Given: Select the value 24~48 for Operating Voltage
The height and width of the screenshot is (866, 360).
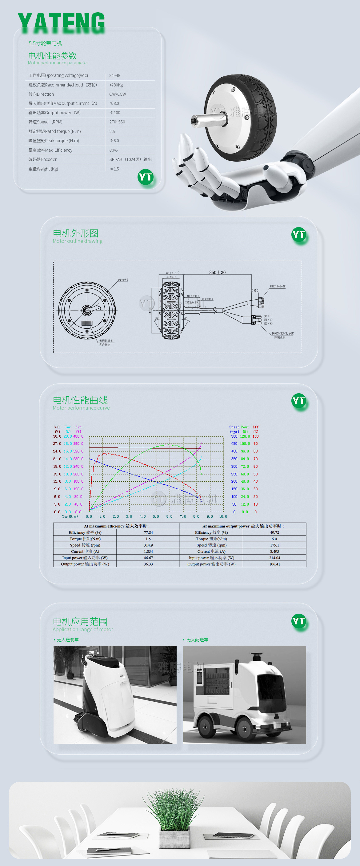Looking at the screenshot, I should pyautogui.click(x=115, y=76).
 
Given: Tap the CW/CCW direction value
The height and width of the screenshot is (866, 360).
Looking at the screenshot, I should pyautogui.click(x=118, y=94).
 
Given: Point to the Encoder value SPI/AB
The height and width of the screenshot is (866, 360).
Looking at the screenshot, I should pyautogui.click(x=130, y=159).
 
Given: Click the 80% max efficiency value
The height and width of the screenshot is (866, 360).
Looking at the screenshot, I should pyautogui.click(x=113, y=150).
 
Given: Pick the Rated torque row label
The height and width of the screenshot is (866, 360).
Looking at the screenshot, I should pyautogui.click(x=54, y=131).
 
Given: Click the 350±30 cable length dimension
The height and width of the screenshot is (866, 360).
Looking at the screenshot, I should pyautogui.click(x=217, y=272).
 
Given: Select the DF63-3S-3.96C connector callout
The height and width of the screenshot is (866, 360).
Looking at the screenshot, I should pyautogui.click(x=282, y=334).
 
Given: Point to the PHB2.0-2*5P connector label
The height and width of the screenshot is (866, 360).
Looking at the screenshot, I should pyautogui.click(x=277, y=287).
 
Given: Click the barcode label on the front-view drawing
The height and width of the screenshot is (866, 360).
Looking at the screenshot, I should pyautogui.click(x=87, y=323).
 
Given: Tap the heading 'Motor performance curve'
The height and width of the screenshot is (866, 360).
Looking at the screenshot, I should pyautogui.click(x=81, y=408).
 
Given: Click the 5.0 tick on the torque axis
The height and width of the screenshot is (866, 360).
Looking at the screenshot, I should pyautogui.click(x=156, y=516).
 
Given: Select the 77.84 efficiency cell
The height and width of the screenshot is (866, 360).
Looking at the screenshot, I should pyautogui.click(x=148, y=532).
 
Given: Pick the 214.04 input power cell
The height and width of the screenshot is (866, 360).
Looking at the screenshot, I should pyautogui.click(x=274, y=558).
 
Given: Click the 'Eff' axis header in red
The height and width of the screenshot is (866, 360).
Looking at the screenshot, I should pyautogui.click(x=255, y=427).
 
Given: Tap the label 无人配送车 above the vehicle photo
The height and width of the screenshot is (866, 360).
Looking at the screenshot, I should pyautogui.click(x=197, y=640).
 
